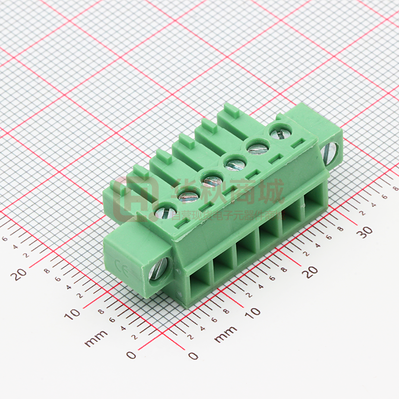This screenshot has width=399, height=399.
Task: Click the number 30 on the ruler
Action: coord(366,231)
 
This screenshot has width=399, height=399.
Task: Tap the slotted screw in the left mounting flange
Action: coord(156,270)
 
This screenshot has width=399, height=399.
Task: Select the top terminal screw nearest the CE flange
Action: coord(162,213)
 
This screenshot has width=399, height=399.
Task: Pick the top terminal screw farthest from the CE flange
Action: coord(277,131)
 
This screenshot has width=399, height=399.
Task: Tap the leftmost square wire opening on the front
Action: coord(199,284)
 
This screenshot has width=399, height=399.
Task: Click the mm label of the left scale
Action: coord(96,339)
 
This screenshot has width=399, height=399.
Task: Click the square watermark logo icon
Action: coord(137,200)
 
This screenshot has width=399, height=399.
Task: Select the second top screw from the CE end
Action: coord(189,197)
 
